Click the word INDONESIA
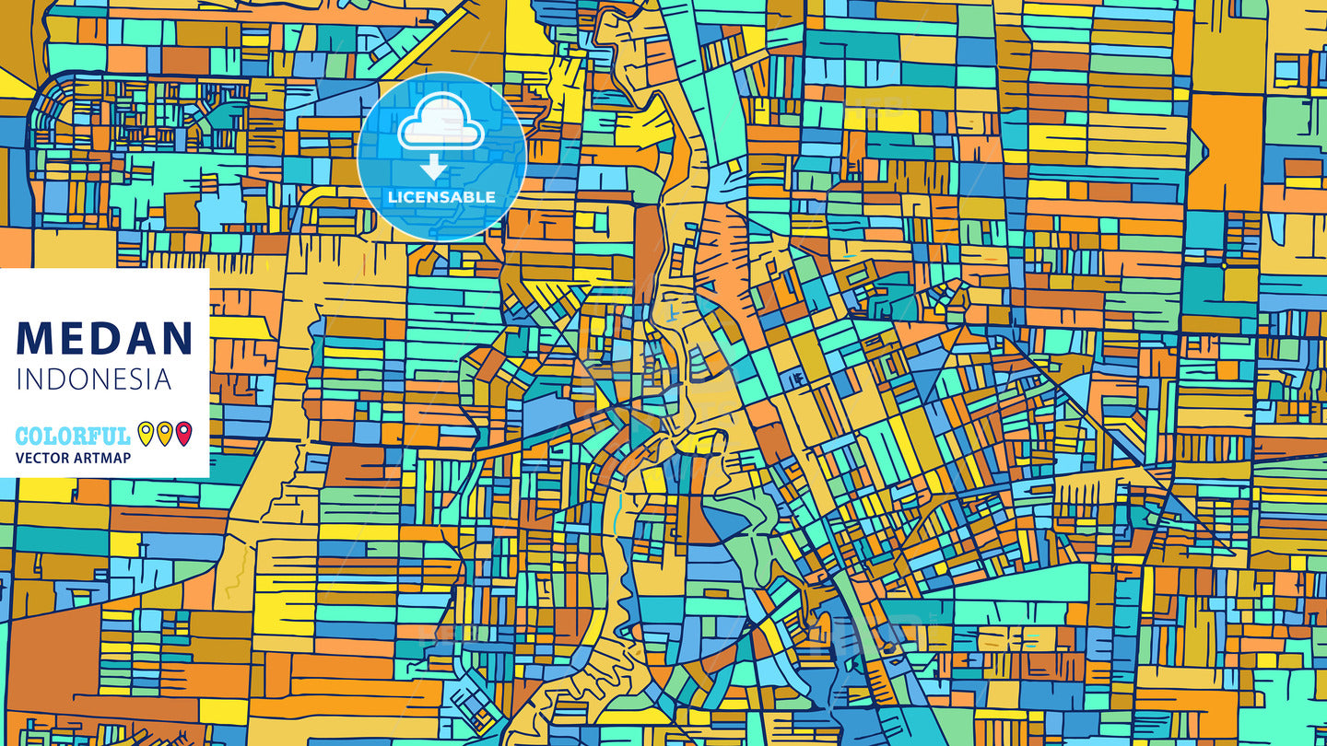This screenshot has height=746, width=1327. coord(93,379)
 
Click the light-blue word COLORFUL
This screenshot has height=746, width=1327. coord(73,436)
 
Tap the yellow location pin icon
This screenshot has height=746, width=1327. coord(146,433)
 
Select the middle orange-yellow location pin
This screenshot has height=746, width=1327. coord(164,433)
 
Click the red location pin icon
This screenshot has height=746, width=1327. coord(183,433)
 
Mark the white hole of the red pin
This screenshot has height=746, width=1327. coord(183,429)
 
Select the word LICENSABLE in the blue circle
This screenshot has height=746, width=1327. coord(441,196)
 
